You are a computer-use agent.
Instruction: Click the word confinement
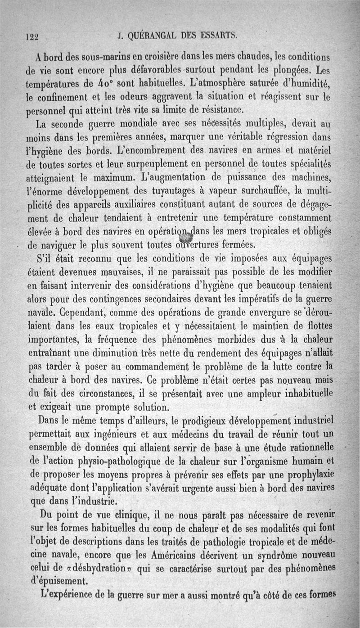tap(67, 96)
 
